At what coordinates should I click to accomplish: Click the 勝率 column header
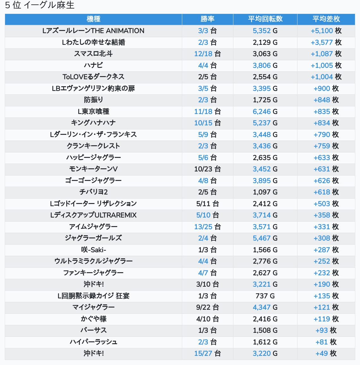[x=207, y=19]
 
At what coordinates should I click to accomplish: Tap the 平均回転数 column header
[x=265, y=19]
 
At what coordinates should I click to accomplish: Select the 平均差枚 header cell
[x=326, y=19]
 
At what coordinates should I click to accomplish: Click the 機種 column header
[x=93, y=19]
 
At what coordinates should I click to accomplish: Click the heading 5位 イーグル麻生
[x=39, y=5]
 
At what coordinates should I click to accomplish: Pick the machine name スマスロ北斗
[x=93, y=54]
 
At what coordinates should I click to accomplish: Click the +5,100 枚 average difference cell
[x=326, y=31]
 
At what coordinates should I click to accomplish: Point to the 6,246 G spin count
[x=265, y=111]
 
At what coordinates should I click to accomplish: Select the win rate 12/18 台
[x=207, y=54]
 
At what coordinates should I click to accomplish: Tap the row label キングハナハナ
[x=93, y=123]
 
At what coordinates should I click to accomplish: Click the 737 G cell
[x=265, y=296]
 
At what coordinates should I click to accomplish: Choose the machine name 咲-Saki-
[x=93, y=250]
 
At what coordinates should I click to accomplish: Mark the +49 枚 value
[x=326, y=353]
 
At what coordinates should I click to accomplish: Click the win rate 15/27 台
[x=207, y=353]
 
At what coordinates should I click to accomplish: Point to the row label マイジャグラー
[x=93, y=307]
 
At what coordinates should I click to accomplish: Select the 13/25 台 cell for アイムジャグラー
[x=207, y=227]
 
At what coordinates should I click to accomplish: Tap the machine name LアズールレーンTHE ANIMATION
[x=93, y=31]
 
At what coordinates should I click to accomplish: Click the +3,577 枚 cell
[x=326, y=42]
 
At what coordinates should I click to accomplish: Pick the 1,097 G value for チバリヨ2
[x=265, y=192]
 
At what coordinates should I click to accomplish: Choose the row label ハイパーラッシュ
[x=93, y=342]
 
